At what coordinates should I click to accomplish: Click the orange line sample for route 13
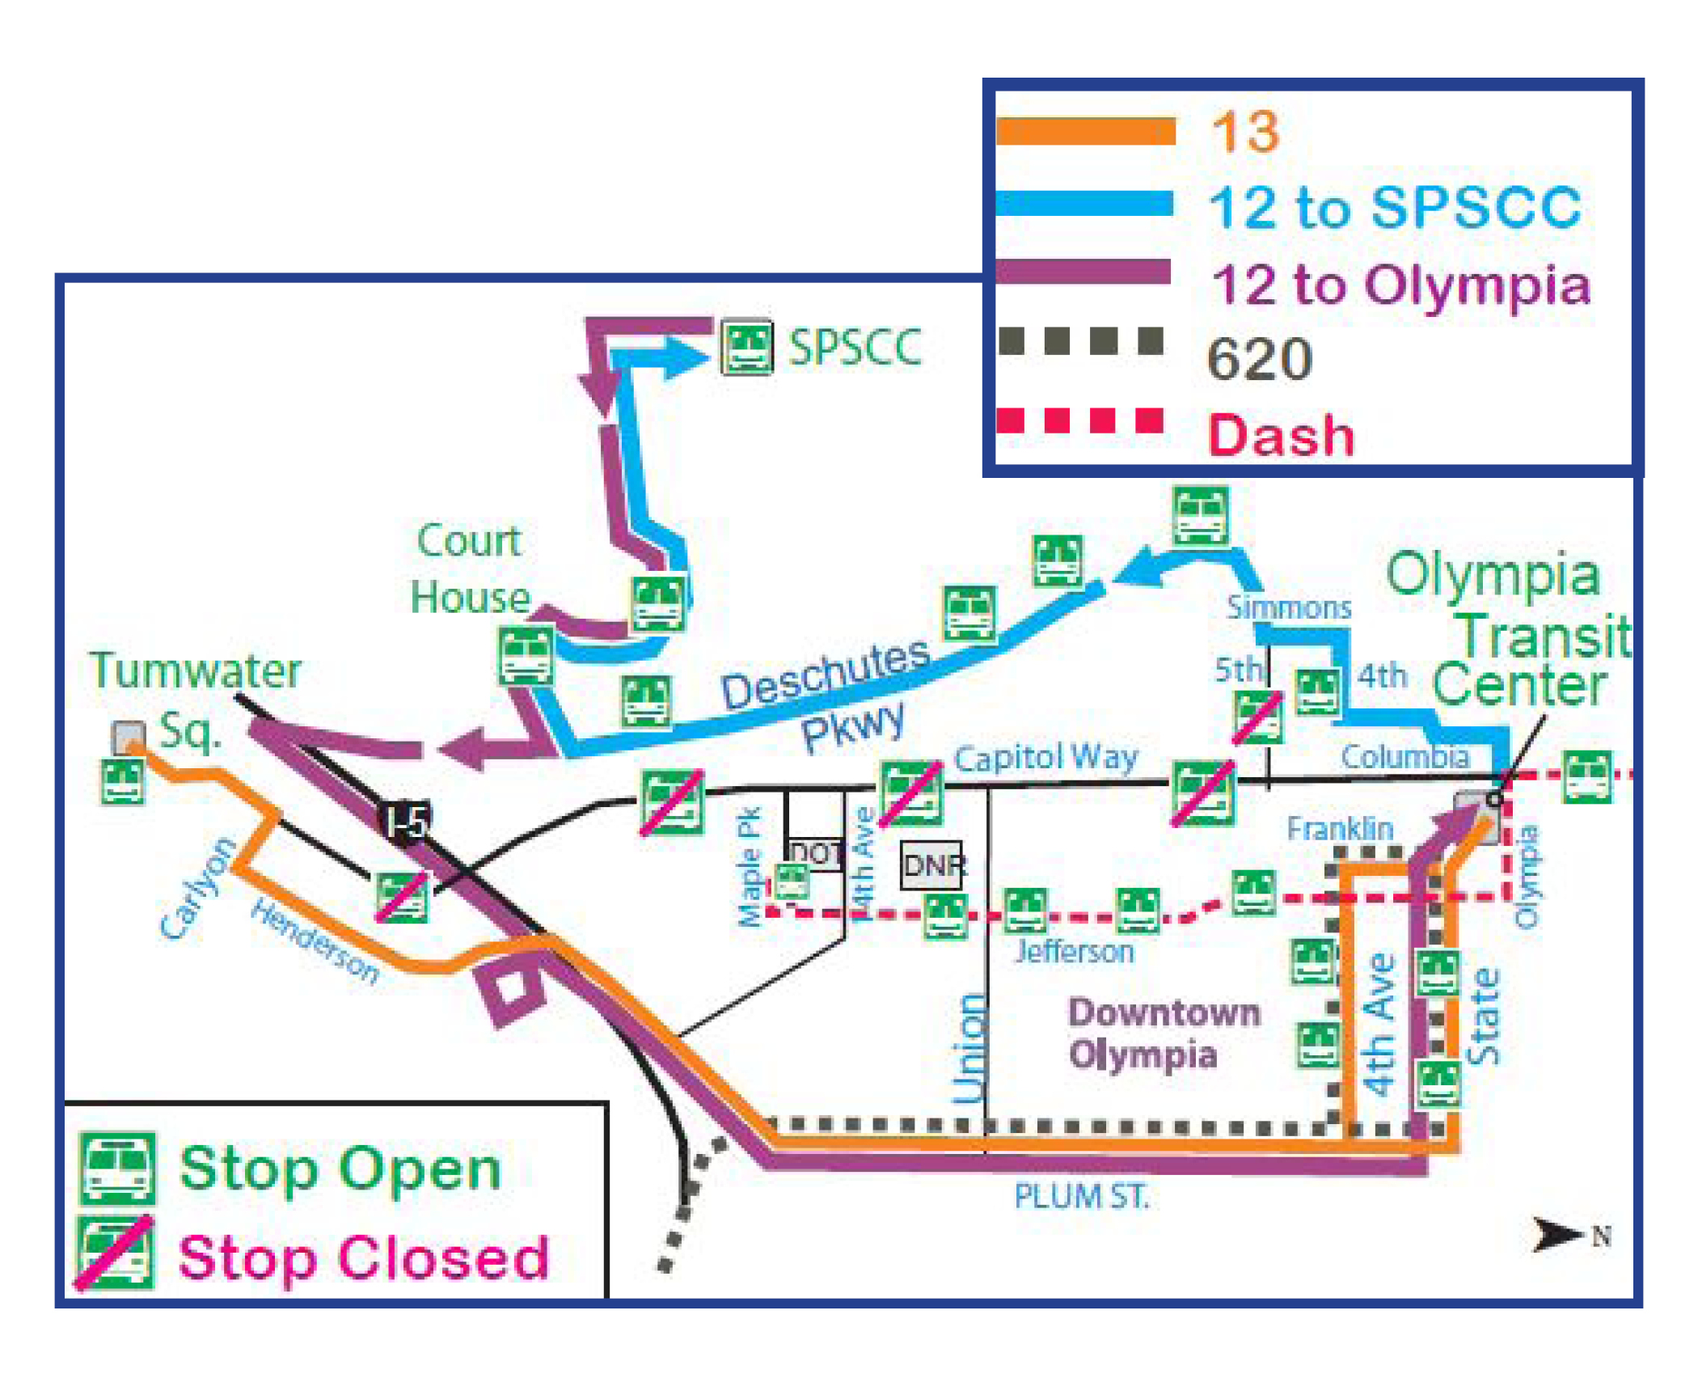(x=1085, y=131)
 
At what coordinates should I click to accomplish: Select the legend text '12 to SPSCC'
(x=1395, y=207)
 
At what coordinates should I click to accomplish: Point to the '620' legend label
(x=1260, y=358)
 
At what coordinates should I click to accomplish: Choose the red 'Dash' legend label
(x=1281, y=435)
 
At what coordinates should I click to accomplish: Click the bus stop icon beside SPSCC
(x=747, y=349)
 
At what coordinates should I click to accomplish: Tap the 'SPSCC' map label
(x=855, y=348)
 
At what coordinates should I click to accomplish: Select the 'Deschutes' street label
(x=825, y=673)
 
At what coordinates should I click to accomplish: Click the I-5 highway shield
(x=407, y=822)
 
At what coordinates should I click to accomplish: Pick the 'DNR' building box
(x=932, y=865)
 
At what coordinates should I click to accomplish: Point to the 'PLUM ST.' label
(x=1082, y=1196)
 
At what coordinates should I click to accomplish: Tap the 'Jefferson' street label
(x=1075, y=951)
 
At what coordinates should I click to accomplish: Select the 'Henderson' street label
(x=315, y=941)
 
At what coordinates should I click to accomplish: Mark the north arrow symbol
(x=1557, y=1235)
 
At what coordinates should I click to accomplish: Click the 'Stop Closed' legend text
(x=364, y=1258)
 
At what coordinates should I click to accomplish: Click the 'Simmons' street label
(x=1289, y=607)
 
